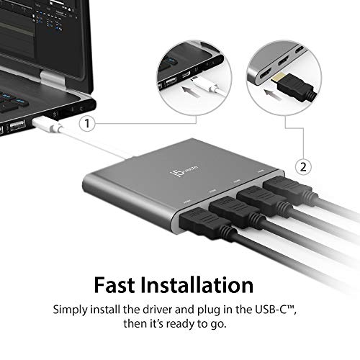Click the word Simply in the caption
(76, 308)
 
